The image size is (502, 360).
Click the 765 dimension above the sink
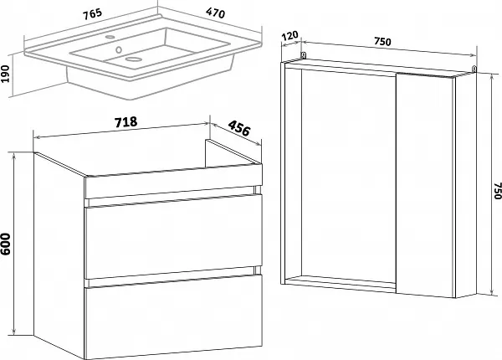(x=93, y=14)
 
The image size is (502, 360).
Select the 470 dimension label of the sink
(x=216, y=13)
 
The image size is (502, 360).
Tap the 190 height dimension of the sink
(x=5, y=74)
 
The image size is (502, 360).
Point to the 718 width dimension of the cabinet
(x=125, y=122)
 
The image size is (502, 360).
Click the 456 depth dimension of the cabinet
(x=238, y=128)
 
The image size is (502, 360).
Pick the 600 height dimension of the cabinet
(x=6, y=244)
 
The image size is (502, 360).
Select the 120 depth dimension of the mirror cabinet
(x=289, y=36)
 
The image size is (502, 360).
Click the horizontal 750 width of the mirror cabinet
(x=382, y=41)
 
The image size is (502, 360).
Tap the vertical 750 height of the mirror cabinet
(x=497, y=191)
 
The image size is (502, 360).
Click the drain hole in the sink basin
(x=134, y=59)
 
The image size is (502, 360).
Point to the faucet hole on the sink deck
(x=110, y=37)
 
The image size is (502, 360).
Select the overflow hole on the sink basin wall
(x=119, y=49)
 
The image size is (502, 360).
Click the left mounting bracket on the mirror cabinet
(x=303, y=55)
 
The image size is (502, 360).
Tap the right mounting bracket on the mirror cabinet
(x=474, y=69)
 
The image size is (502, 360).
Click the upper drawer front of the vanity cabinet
(x=173, y=237)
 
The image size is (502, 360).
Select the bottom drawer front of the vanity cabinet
(x=173, y=316)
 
